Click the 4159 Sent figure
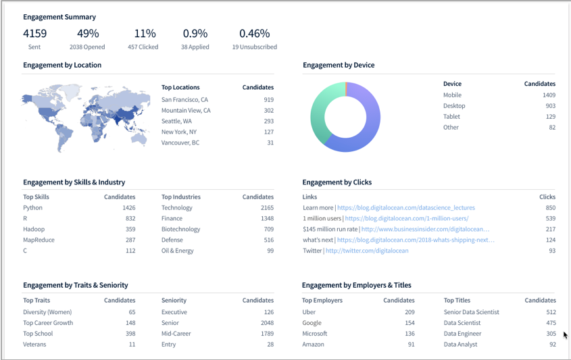coord(34,33)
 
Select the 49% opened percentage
coord(87,33)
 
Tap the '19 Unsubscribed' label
coord(254,47)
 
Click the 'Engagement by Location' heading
coord(62,66)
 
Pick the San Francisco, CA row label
coord(184,100)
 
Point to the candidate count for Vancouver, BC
coord(270,143)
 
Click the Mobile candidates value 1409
coord(548,95)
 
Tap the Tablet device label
coord(451,117)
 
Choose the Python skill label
coord(32,208)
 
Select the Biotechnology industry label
coord(180,230)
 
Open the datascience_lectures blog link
coord(405,208)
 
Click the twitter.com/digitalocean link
coord(367,251)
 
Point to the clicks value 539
coord(550,219)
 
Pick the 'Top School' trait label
coord(38,334)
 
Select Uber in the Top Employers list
coord(309,312)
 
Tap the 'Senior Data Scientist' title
coord(471,312)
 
